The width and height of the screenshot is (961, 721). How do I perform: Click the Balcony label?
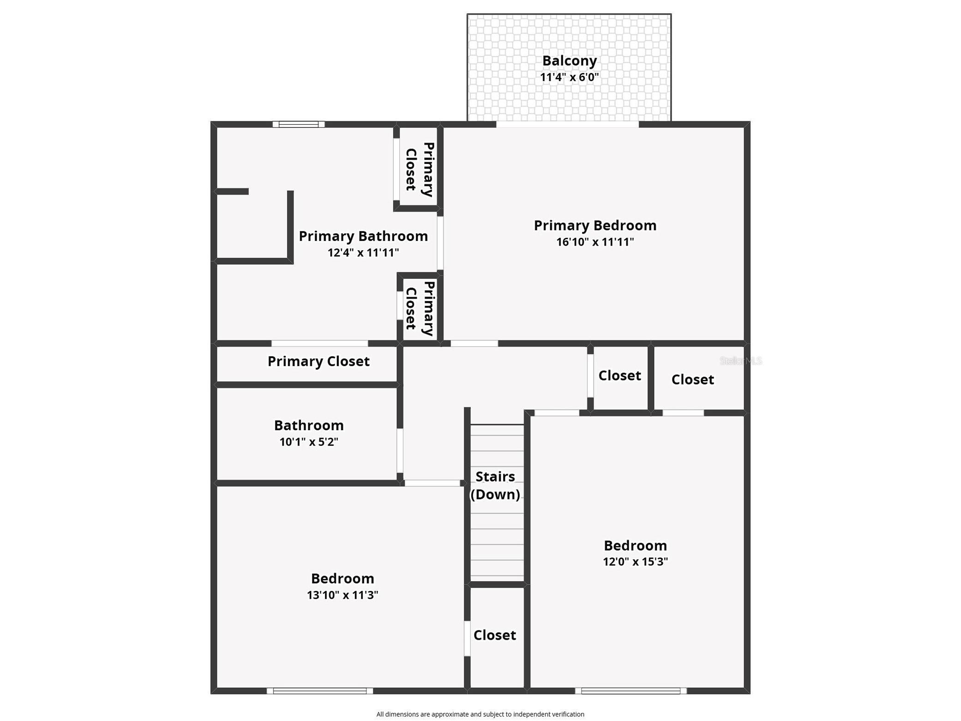click(x=569, y=60)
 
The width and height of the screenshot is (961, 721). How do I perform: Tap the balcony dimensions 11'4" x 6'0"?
click(x=569, y=77)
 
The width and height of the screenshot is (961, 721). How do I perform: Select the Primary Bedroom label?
click(x=595, y=225)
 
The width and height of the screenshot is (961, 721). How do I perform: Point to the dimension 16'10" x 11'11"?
click(x=595, y=242)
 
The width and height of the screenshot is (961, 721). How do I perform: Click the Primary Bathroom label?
click(x=363, y=236)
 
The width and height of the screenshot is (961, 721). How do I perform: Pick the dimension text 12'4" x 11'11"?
click(x=363, y=252)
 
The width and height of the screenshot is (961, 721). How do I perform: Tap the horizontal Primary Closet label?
click(x=318, y=361)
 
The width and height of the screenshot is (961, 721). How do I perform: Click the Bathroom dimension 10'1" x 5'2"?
click(x=309, y=442)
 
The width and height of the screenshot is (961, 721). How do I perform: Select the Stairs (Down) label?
click(x=495, y=485)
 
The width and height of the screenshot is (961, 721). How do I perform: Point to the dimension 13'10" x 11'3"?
click(x=342, y=595)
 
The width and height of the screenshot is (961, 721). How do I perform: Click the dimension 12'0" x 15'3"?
click(x=635, y=562)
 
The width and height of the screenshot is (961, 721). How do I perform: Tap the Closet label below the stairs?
click(x=495, y=635)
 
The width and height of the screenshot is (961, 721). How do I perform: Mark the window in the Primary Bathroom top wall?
click(x=299, y=124)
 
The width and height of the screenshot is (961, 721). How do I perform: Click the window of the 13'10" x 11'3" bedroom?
click(x=320, y=691)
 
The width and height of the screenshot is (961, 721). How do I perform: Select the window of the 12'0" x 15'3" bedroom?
click(x=631, y=691)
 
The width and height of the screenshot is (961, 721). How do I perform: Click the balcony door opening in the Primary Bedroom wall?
click(x=567, y=124)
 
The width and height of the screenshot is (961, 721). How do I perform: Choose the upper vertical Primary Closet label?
click(x=420, y=169)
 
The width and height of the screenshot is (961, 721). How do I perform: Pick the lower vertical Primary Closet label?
click(x=420, y=308)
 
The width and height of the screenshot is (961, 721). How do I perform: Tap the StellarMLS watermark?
click(x=740, y=360)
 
